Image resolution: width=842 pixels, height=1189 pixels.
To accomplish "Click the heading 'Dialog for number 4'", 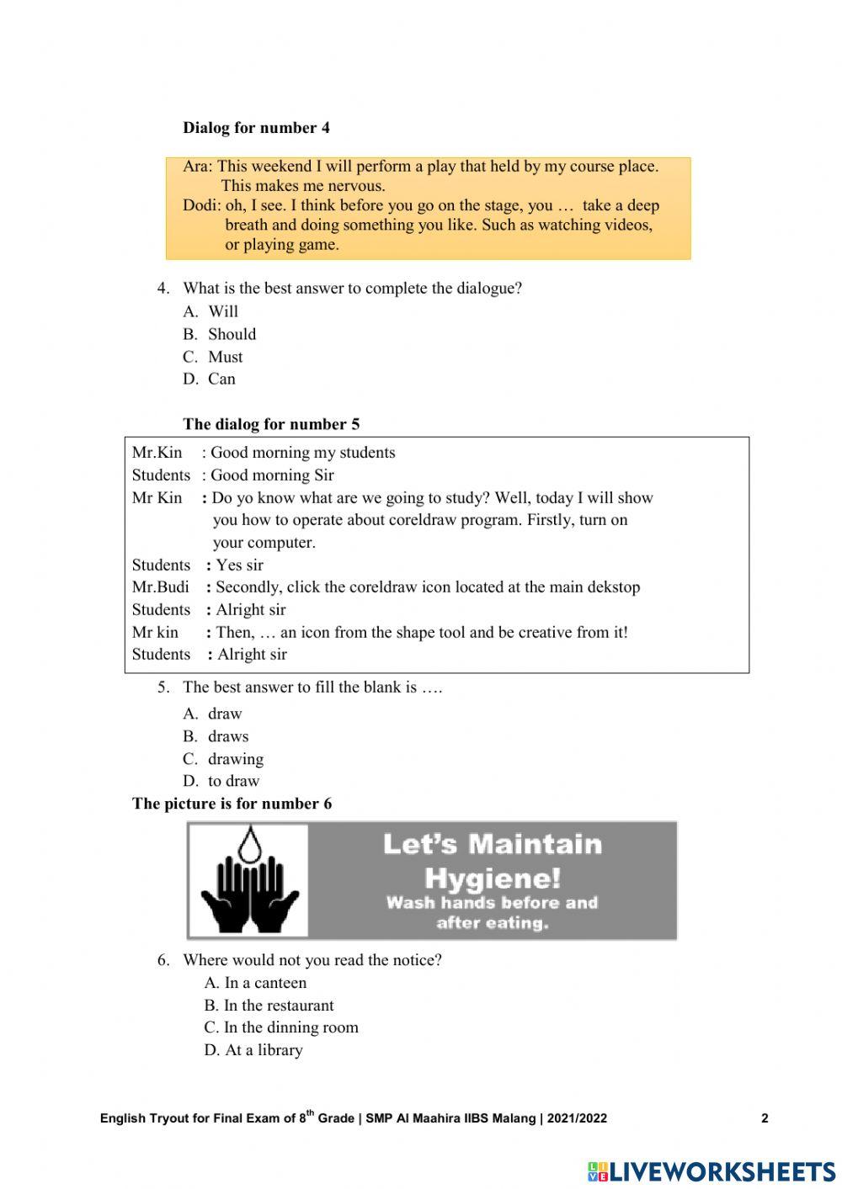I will [x=256, y=128].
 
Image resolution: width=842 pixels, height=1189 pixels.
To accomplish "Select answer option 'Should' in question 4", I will [x=232, y=334].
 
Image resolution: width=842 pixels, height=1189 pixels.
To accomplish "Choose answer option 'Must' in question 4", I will [x=225, y=357].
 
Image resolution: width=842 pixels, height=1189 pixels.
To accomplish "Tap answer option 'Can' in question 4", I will [x=221, y=379].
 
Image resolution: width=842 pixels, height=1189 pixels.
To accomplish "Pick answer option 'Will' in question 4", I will [x=223, y=311].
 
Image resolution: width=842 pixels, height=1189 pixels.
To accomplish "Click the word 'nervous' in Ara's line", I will [x=356, y=186].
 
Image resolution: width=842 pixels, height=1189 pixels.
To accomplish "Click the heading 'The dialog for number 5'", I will [x=271, y=424].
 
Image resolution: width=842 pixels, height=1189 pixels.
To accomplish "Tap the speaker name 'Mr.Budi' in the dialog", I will [x=160, y=587].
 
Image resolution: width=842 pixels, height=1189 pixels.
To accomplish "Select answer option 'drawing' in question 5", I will [x=236, y=759].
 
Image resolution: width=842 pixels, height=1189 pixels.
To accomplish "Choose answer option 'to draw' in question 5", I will [x=233, y=781].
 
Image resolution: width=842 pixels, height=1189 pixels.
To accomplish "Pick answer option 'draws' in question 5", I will [x=228, y=736].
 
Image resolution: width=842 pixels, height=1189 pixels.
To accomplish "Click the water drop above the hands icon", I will [x=248, y=844].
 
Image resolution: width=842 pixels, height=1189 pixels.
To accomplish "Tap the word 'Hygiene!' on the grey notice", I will [x=493, y=878].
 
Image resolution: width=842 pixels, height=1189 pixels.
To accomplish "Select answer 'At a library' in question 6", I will [x=263, y=1050].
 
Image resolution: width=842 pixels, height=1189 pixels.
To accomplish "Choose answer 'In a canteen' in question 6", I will [x=264, y=983].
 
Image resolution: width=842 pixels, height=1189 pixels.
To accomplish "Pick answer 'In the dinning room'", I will [x=290, y=1027].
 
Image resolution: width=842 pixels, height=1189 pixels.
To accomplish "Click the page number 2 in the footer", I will [x=765, y=1118].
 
